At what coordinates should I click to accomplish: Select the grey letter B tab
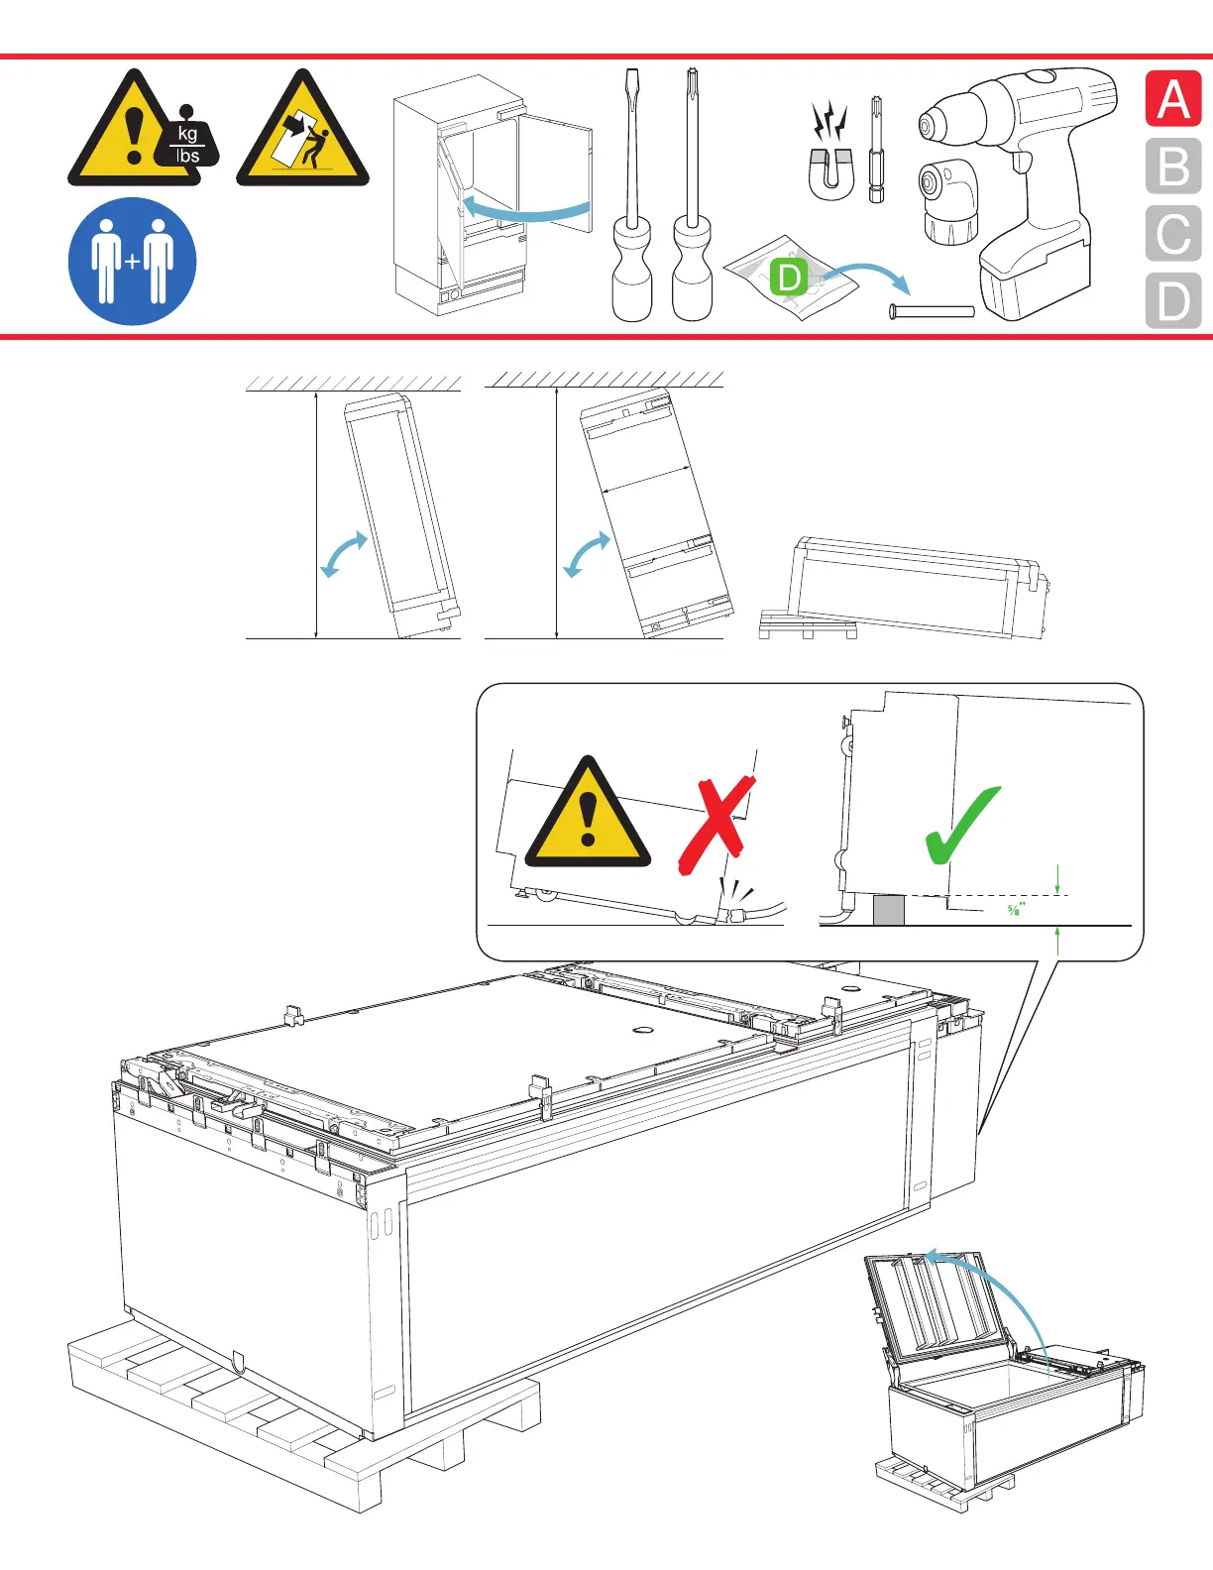tap(1173, 166)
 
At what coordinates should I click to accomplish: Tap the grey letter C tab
tap(1173, 233)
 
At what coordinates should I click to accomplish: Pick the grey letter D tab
tap(1173, 300)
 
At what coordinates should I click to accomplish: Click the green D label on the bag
tap(789, 277)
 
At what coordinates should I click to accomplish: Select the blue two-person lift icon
tap(133, 262)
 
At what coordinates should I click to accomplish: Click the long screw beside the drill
tap(932, 311)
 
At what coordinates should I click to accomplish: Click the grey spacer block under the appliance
tap(889, 910)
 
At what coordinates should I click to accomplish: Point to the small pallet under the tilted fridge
tap(808, 624)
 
